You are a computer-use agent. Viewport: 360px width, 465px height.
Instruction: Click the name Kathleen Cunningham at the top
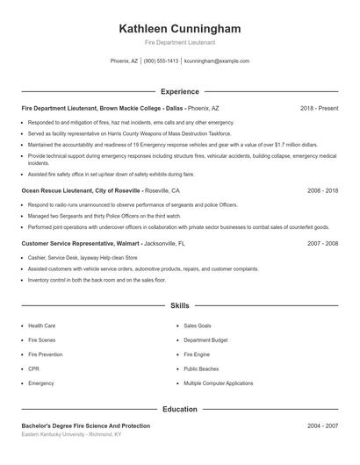click(179, 29)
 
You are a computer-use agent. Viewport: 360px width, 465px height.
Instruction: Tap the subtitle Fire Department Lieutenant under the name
click(179, 42)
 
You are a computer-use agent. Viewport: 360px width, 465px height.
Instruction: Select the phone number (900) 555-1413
click(161, 61)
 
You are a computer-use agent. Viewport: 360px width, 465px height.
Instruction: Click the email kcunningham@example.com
click(217, 61)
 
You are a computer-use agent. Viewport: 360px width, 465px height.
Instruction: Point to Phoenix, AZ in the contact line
click(124, 61)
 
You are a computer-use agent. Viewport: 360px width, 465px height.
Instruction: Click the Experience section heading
click(179, 91)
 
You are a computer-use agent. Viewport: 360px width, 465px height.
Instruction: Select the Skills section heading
click(179, 306)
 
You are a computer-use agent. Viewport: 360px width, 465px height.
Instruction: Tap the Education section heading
click(179, 409)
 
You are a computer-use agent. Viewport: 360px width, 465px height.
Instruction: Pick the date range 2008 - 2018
click(322, 190)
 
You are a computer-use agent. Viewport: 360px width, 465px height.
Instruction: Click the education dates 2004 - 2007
click(322, 426)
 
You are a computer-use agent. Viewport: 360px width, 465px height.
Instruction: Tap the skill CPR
click(35, 368)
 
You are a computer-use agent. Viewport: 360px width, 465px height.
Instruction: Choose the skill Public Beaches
click(201, 368)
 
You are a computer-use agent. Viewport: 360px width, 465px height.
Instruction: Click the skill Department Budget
click(206, 340)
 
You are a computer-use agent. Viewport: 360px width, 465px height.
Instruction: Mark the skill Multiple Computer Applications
click(219, 383)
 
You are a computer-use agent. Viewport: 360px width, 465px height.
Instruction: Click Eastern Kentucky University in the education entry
click(57, 434)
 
